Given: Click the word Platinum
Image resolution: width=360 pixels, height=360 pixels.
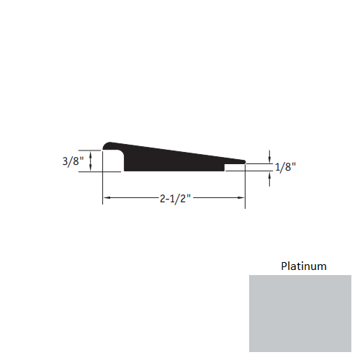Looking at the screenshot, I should pos(303,266).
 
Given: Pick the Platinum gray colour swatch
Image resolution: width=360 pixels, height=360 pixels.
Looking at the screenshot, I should pos(300,313).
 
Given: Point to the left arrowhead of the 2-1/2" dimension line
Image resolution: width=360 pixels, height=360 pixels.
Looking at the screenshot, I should pos(106,197).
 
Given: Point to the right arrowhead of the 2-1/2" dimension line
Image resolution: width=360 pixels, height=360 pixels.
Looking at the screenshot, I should pos(241,197).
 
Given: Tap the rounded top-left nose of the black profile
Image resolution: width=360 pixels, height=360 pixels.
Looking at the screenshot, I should pos(108,145).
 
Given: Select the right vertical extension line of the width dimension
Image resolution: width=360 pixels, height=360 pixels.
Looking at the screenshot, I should pos(246,187).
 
